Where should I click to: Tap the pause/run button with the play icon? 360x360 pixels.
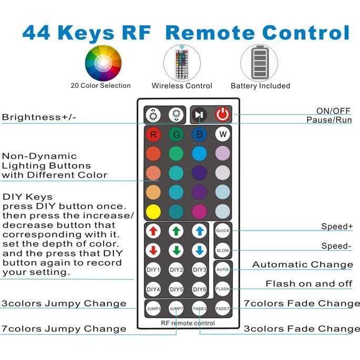(199, 115)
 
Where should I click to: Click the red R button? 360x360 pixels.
(153, 135)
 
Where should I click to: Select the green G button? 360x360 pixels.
(176, 135)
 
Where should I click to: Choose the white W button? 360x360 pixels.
(223, 135)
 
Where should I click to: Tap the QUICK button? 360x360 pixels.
(223, 231)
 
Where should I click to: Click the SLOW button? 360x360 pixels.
(223, 250)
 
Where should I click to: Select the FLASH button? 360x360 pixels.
(223, 289)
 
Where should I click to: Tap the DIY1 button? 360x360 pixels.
(153, 270)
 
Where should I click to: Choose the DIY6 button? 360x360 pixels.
(200, 289)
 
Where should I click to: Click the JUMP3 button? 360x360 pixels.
(153, 308)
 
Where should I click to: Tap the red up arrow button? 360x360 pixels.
(153, 231)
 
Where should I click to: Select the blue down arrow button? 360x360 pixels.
(200, 250)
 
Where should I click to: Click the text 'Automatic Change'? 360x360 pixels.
(302, 265)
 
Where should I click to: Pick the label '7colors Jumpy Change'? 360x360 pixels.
(64, 329)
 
